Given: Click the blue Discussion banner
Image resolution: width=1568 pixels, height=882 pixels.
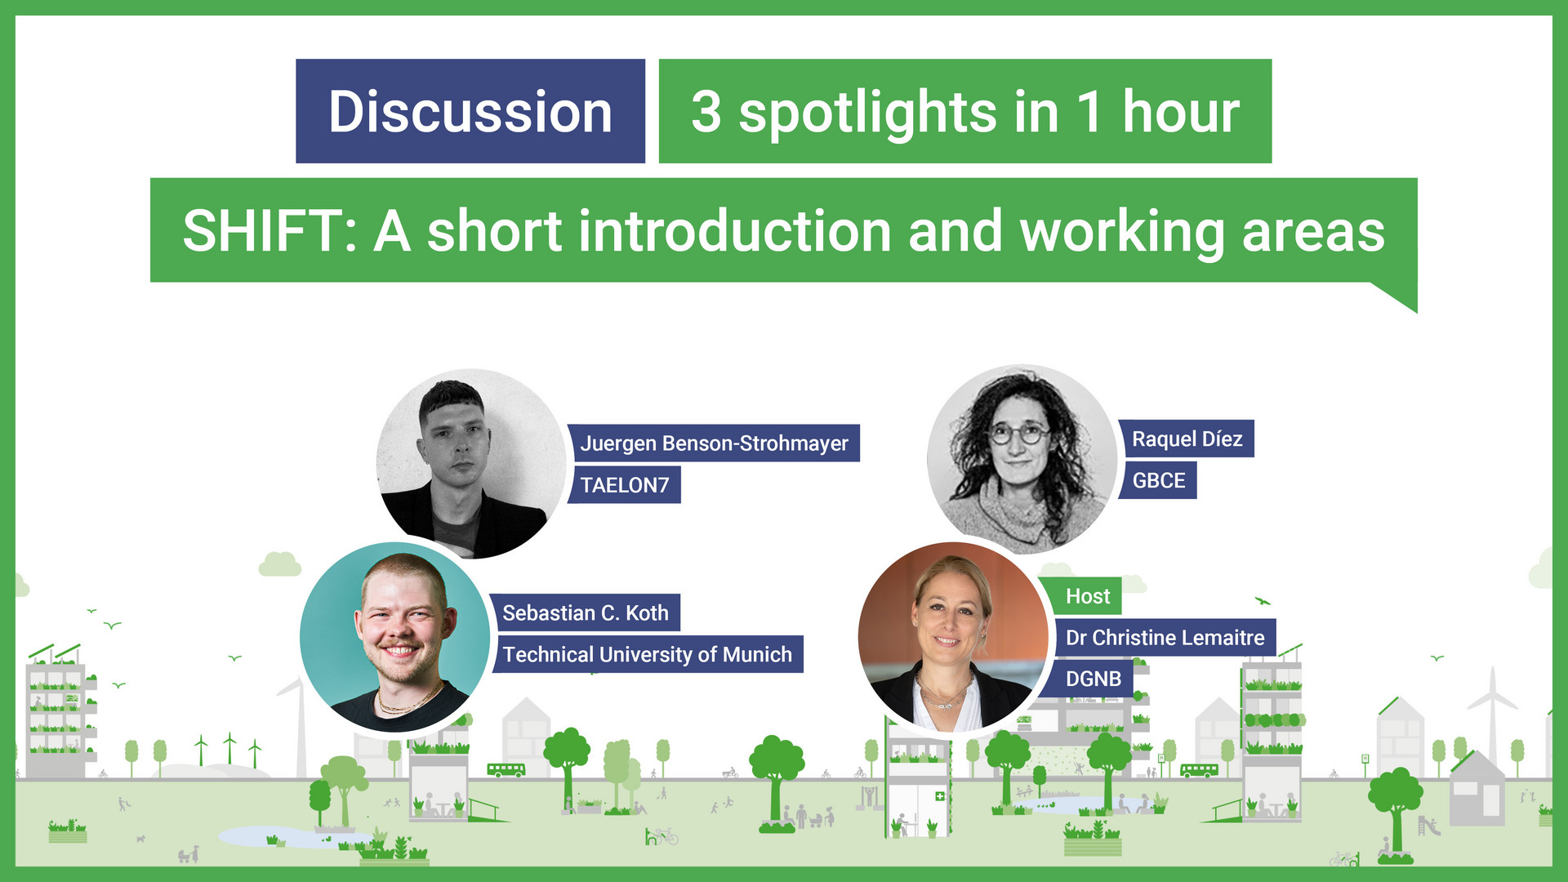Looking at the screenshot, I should click(470, 111).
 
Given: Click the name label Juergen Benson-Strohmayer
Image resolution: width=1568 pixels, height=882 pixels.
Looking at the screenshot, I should click(714, 443).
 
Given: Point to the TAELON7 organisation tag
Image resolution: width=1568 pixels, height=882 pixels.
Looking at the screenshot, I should click(625, 485).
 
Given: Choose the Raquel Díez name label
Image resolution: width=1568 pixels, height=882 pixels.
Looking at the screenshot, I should click(1187, 439).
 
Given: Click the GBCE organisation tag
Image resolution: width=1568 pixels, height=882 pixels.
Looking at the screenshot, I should click(1158, 480).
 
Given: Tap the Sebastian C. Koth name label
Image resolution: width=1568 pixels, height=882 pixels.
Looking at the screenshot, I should click(585, 612).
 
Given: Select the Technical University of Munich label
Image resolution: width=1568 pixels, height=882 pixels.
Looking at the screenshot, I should click(647, 654).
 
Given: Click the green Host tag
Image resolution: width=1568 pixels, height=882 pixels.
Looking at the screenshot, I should click(1087, 596).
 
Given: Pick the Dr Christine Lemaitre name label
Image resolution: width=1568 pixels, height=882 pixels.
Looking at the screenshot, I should click(1165, 638).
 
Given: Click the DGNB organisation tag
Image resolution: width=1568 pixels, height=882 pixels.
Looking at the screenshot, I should click(1093, 679).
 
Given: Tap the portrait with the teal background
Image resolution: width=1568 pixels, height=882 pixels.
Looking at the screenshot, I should click(395, 637).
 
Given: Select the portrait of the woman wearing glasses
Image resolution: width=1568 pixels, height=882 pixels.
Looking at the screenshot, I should click(1021, 459).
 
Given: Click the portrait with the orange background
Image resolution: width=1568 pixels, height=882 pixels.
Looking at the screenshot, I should click(952, 637).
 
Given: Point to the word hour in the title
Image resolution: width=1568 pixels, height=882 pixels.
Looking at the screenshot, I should click(1180, 113).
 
